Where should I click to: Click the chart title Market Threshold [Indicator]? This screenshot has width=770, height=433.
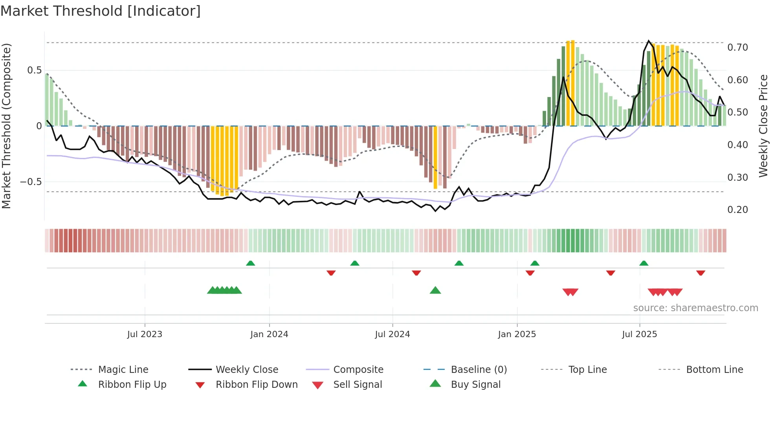101,11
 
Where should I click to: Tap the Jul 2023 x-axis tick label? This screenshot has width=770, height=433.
145,334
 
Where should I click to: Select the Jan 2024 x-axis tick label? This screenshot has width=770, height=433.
269,334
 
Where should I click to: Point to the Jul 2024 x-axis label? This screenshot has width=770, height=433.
392,334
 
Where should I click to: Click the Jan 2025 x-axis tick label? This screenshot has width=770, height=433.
517,334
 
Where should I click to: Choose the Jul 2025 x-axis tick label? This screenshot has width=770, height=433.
640,334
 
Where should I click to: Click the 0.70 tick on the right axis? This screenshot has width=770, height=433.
737,48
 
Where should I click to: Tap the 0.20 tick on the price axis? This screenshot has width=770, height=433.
737,210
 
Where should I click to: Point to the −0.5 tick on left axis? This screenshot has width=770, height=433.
31,182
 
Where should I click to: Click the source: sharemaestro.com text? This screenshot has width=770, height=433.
695,308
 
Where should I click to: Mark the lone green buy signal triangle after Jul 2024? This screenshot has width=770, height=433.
435,291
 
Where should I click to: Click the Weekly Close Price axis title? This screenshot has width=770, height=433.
763,126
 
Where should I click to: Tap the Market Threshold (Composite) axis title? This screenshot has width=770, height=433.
6,126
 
